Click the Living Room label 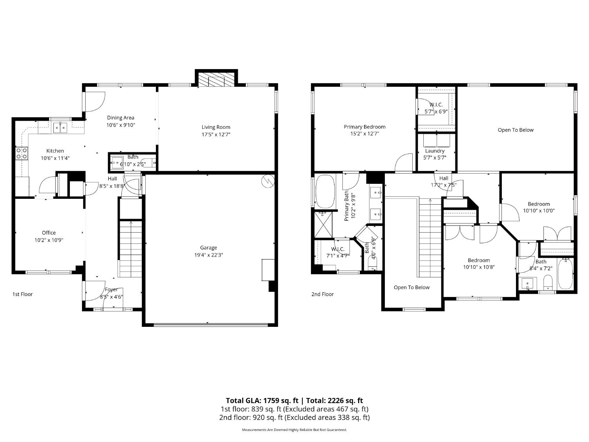(x=216, y=127)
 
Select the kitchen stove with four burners (x=22, y=154)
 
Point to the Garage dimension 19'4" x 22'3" (x=209, y=255)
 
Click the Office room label (x=49, y=233)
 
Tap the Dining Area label (x=121, y=117)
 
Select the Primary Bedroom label (x=364, y=127)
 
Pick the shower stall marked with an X (x=323, y=225)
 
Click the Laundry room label (x=435, y=151)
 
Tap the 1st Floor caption (x=22, y=294)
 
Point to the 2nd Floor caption (x=322, y=294)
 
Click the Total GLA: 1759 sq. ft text (x=262, y=401)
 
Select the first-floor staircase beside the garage (x=130, y=249)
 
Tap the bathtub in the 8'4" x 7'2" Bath (x=565, y=273)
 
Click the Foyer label (x=111, y=289)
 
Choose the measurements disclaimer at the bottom (x=294, y=430)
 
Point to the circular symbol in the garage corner (x=268, y=181)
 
